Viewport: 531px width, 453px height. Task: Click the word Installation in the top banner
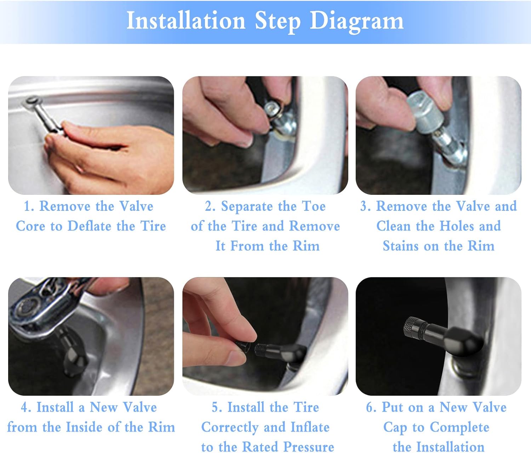[x=186, y=21]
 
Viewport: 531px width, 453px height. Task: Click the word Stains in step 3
[x=400, y=246]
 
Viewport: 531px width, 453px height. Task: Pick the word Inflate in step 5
[x=310, y=427]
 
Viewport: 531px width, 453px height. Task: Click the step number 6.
[x=370, y=407]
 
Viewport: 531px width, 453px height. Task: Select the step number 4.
[x=25, y=407]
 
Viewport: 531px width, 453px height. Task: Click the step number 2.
[x=209, y=207]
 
